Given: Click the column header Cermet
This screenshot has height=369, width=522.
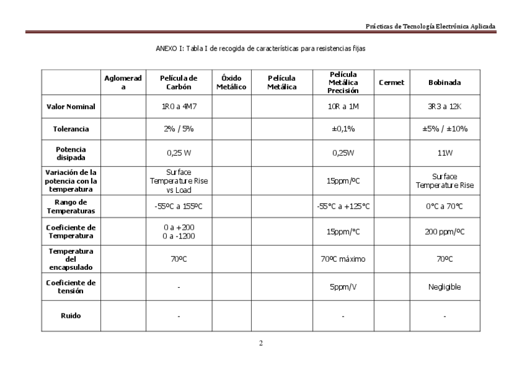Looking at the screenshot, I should [x=391, y=83].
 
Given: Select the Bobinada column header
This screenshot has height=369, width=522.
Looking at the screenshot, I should [x=444, y=83].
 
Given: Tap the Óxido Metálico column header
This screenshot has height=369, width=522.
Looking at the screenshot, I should [x=231, y=83].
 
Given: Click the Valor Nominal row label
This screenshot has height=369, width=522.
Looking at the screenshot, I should [x=71, y=107].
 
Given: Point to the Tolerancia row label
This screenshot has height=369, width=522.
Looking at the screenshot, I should [x=71, y=129].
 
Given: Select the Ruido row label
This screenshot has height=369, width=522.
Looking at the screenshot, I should [x=71, y=316].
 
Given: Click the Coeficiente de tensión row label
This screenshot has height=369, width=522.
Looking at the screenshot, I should [x=71, y=286].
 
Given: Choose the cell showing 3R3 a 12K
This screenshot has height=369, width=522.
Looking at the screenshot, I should [x=444, y=107].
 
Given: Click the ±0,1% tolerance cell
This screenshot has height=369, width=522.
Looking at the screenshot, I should [x=343, y=129].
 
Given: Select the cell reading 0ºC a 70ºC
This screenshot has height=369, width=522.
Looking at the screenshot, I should [x=444, y=206].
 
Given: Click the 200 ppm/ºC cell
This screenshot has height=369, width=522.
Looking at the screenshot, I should [x=444, y=232].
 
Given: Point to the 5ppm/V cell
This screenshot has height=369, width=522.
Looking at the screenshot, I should [x=343, y=287].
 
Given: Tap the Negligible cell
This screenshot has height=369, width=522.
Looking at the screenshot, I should [x=444, y=287].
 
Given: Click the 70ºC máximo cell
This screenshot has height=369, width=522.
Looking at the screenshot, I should [x=343, y=259].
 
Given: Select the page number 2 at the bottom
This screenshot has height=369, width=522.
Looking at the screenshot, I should [x=261, y=343].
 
